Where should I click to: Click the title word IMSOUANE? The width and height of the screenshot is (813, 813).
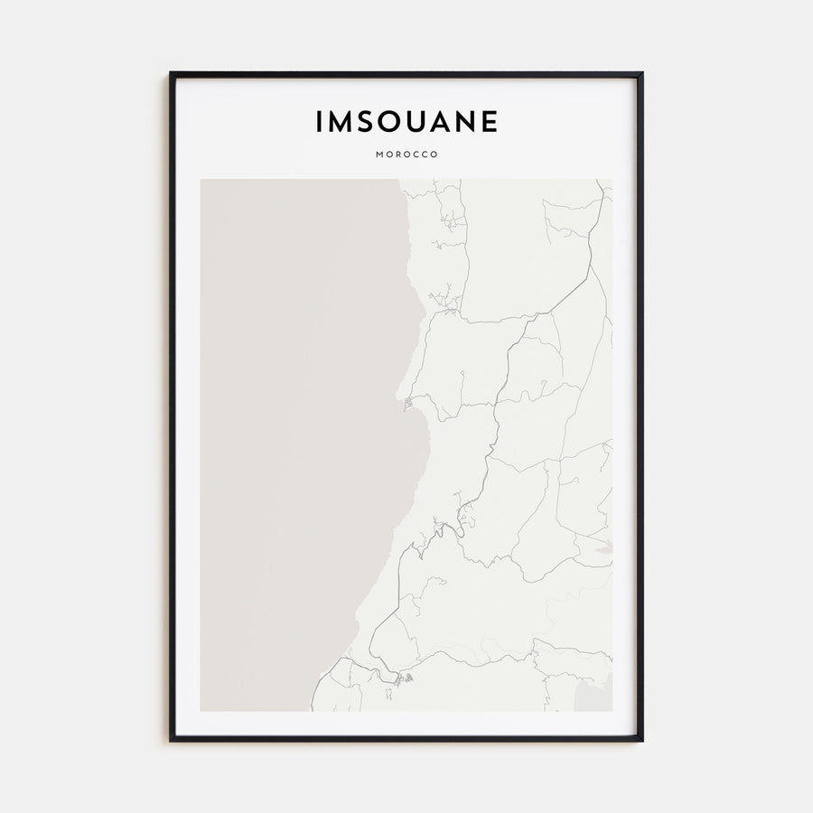pyautogui.click(x=406, y=122)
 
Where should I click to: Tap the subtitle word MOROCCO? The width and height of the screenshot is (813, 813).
pyautogui.click(x=406, y=154)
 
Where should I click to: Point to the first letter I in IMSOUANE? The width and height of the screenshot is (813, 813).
pyautogui.click(x=319, y=122)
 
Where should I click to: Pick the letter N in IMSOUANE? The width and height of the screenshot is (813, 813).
pyautogui.click(x=469, y=122)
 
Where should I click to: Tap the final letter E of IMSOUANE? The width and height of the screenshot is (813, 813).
pyautogui.click(x=491, y=122)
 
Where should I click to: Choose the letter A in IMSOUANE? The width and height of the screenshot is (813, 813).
pyautogui.click(x=444, y=122)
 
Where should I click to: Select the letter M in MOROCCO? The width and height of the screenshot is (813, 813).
pyautogui.click(x=378, y=154)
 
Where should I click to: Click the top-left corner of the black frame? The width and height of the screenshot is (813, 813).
pyautogui.click(x=171, y=73)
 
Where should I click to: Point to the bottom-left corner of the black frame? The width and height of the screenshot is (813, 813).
pyautogui.click(x=171, y=740)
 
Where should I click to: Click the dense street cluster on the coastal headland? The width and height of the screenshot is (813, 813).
pyautogui.click(x=409, y=402)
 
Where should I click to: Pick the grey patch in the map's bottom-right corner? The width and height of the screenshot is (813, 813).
pyautogui.click(x=596, y=694)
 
